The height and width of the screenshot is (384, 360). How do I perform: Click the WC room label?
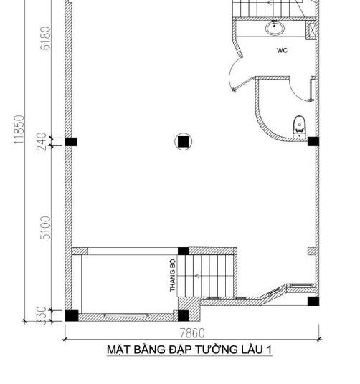(x=282, y=50)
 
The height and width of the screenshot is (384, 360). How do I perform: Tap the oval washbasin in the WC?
(x=275, y=28)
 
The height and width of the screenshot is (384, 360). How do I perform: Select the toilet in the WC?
(x=300, y=126)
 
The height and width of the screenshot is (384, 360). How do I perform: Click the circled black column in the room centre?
(x=183, y=142)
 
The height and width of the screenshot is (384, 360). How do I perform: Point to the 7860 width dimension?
(x=192, y=333)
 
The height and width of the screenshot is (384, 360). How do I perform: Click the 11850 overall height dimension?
(x=19, y=130)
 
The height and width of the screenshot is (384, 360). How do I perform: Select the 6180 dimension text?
(x=46, y=38)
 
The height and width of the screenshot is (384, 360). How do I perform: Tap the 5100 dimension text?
(x=46, y=228)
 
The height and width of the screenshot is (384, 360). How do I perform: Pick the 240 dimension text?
(x=42, y=142)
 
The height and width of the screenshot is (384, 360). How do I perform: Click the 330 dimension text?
(x=42, y=315)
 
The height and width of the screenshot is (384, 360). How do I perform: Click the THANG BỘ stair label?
(x=173, y=276)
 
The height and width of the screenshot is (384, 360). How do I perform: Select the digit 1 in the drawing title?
(x=269, y=350)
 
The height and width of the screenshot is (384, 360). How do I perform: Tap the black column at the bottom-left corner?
(x=72, y=316)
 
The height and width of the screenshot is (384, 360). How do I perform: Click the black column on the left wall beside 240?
(x=71, y=142)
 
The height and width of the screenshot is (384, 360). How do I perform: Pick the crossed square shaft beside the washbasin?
(x=311, y=29)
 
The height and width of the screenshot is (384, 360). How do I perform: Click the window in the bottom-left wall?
(x=126, y=315)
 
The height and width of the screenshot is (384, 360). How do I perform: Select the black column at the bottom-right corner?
(x=313, y=301)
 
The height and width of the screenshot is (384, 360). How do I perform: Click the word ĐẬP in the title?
(x=180, y=349)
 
